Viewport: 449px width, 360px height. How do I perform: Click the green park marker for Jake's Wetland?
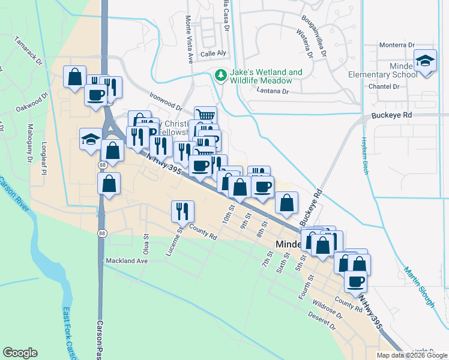[221, 75]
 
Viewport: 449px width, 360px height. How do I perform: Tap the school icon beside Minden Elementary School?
[426, 61]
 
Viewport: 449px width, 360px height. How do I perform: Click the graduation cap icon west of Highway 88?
[91, 140]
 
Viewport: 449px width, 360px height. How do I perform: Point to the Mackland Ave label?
[127, 261]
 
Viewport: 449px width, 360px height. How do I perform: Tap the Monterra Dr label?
[397, 45]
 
